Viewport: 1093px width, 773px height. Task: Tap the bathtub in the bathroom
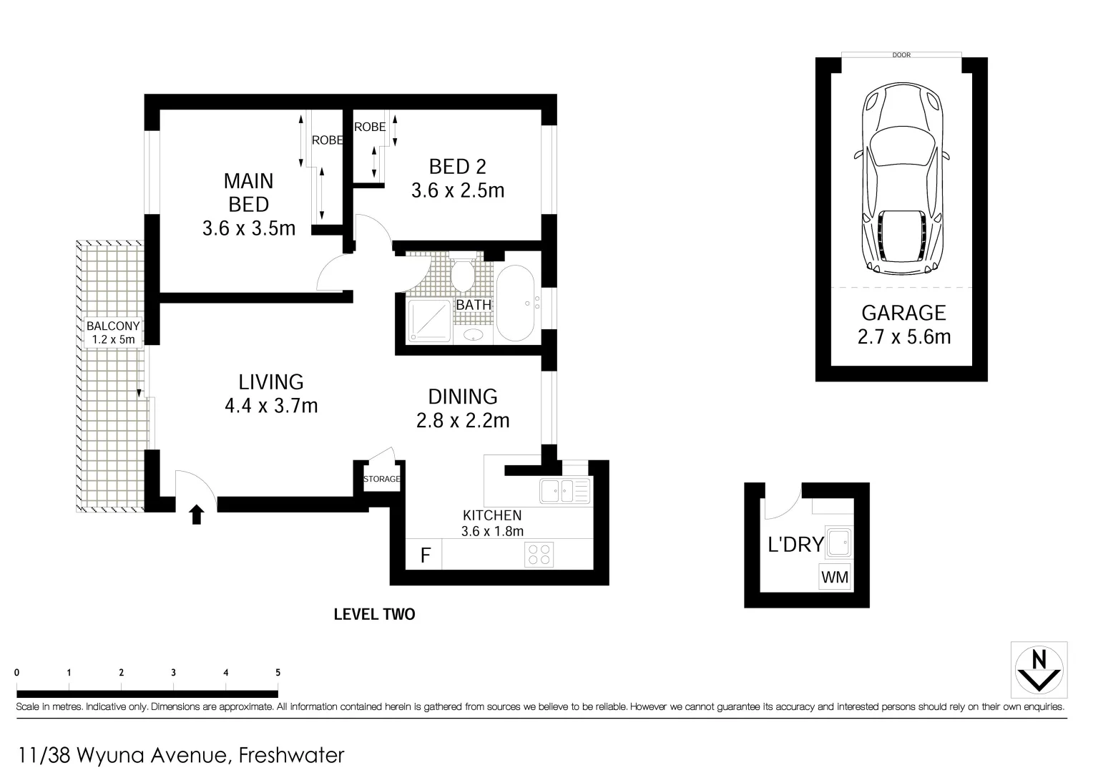tap(516, 304)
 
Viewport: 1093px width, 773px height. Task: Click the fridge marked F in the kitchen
tap(425, 555)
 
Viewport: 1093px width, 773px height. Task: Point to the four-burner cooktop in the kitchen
tap(539, 555)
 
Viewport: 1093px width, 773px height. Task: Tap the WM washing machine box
tap(835, 577)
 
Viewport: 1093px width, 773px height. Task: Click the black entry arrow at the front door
tap(197, 514)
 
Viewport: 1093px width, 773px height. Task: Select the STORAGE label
tap(381, 479)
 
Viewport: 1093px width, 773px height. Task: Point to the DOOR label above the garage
tap(901, 55)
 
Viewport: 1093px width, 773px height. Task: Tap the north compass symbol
tap(1039, 670)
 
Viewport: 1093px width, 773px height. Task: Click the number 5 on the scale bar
tap(278, 673)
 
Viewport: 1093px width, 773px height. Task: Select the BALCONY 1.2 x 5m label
tap(113, 333)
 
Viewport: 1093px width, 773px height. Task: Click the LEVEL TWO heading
tap(374, 614)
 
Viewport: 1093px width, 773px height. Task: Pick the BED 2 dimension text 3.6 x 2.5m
tap(458, 191)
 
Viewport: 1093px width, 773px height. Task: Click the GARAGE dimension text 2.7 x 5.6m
tap(904, 336)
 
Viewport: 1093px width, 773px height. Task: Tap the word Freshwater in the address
tap(292, 755)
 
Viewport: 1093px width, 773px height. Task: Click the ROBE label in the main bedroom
tap(327, 140)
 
